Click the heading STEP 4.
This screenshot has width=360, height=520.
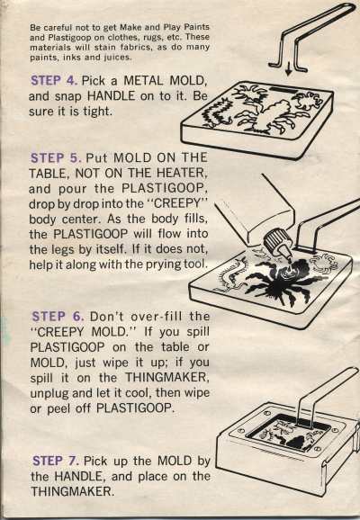[54, 81]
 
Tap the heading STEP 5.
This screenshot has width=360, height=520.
[56, 157]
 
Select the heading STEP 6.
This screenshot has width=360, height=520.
[58, 317]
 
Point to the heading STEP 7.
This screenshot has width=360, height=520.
[56, 461]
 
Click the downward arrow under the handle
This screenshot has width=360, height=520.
[289, 68]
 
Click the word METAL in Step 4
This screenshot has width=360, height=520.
[143, 81]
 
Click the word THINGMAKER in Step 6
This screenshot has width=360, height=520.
[166, 377]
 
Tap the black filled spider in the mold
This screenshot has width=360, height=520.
[281, 281]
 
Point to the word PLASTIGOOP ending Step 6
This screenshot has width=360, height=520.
[135, 408]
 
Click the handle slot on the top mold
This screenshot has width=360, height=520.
[282, 89]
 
